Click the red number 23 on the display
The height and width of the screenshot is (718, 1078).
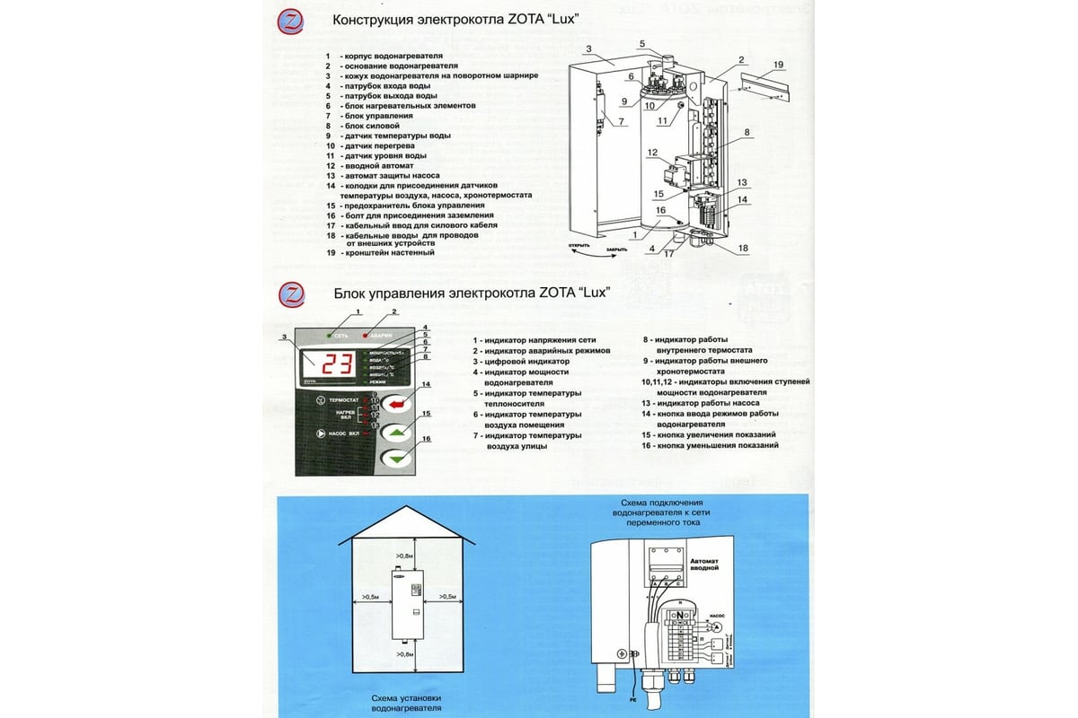tap(338, 364)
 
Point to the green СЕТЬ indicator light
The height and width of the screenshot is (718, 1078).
tap(330, 335)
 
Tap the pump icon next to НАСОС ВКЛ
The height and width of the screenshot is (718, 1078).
tap(320, 433)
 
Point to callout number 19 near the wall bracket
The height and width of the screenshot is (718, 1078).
tap(778, 65)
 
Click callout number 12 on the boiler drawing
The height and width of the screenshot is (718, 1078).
tap(653, 153)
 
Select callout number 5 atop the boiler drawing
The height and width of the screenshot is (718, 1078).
tap(642, 43)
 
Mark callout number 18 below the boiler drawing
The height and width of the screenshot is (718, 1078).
tap(742, 247)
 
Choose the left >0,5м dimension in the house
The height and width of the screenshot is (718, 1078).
tap(369, 596)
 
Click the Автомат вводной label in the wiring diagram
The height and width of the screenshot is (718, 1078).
tap(705, 564)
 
